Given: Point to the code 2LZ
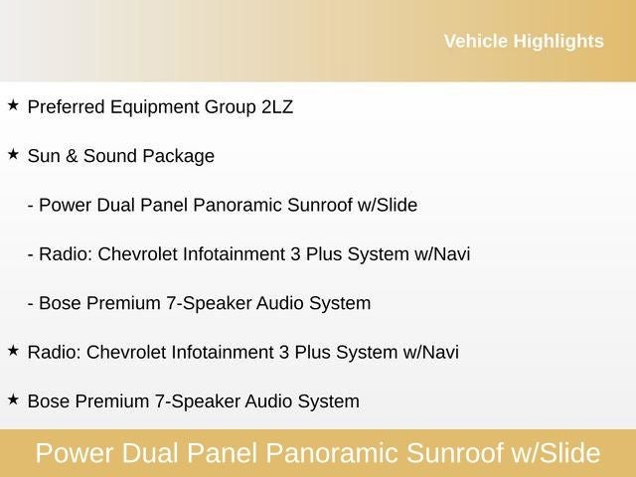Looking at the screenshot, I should [x=276, y=107].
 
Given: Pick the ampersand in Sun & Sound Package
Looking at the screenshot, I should [x=72, y=156].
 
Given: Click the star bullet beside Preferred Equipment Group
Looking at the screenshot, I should [x=13, y=104].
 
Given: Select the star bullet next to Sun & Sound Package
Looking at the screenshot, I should [x=13, y=154].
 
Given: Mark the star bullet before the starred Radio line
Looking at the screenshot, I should [x=13, y=350].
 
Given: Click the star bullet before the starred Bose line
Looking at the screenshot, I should [x=13, y=398].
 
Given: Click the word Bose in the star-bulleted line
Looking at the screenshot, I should [x=49, y=401].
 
